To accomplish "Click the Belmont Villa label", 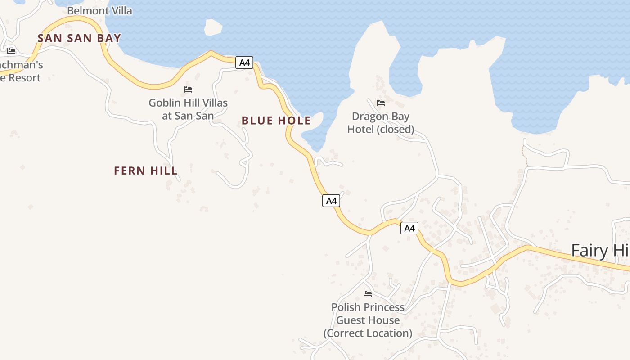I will (x=99, y=11).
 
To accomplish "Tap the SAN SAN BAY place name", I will (x=79, y=38).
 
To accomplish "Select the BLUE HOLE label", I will (x=276, y=121).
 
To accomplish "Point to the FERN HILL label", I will (x=145, y=171).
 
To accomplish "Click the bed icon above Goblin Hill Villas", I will (x=188, y=90).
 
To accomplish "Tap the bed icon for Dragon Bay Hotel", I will (x=381, y=103).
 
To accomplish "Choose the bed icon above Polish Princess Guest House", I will (x=368, y=294).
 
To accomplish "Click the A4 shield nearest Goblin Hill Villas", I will (x=244, y=63).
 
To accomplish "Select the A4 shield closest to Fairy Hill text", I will (x=409, y=228).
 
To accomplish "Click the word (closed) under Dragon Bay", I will (x=395, y=130).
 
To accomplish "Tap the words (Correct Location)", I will (x=368, y=333).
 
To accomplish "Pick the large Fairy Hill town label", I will (x=600, y=250).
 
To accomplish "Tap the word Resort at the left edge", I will (x=24, y=78).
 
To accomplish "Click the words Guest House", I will (x=368, y=320).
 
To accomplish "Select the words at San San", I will (x=188, y=116).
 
